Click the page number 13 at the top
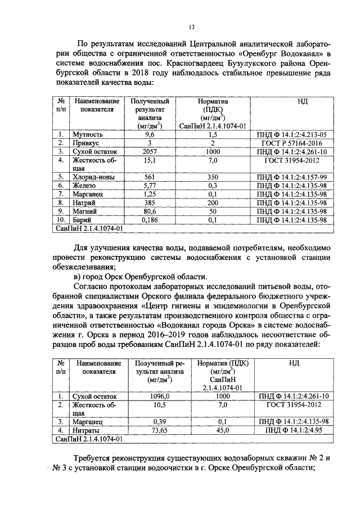point(191,27)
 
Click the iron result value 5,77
point(150,184)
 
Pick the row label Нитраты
point(85,430)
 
